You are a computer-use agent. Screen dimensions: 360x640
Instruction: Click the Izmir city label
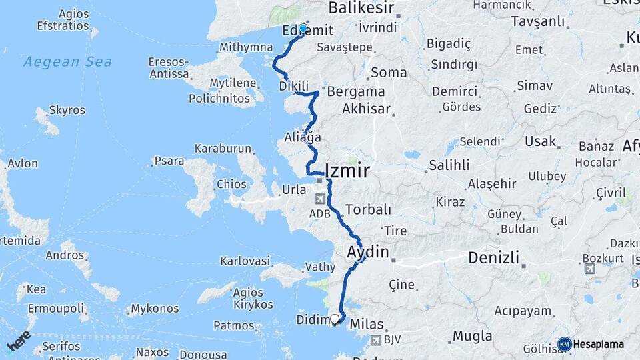[347, 170]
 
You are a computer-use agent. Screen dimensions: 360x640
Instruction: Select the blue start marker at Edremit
[303, 29]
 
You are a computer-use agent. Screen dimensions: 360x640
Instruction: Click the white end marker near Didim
[335, 319]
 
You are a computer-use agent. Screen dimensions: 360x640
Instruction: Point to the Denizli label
[497, 257]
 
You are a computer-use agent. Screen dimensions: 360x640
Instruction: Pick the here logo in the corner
[19, 341]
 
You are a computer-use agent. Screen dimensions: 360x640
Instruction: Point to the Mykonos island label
[155, 309]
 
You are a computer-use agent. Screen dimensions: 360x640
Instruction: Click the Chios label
[232, 184]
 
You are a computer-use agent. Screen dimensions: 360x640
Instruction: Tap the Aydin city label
[367, 252]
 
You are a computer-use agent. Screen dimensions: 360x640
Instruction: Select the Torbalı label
[368, 209]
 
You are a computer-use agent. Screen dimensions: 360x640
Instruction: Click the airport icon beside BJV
[375, 340]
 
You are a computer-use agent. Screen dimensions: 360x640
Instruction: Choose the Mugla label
[472, 335]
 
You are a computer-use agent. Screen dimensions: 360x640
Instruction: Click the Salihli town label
[449, 165]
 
